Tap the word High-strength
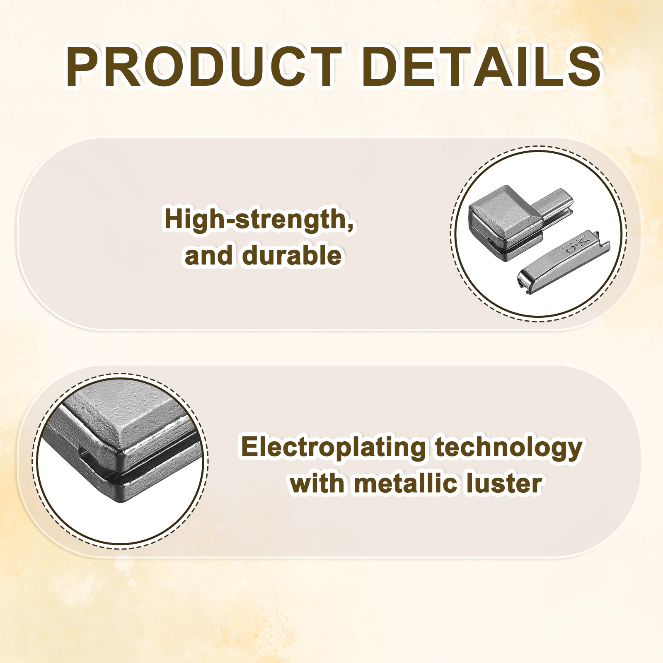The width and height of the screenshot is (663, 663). click(x=260, y=220)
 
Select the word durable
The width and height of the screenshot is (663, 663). click(x=292, y=255)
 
